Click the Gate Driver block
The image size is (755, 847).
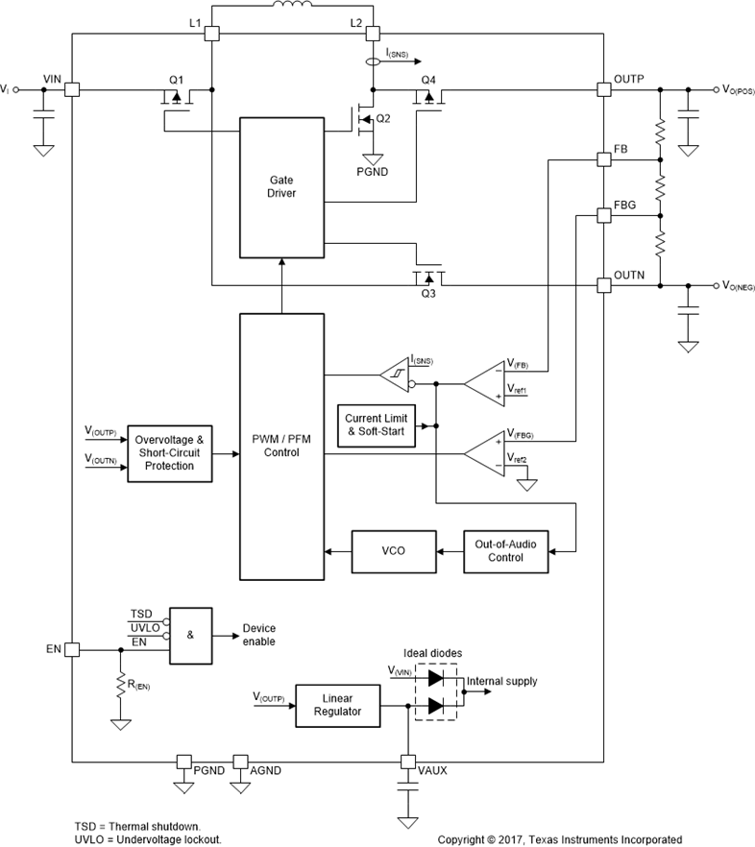point(281,187)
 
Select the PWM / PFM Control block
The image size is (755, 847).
point(281,446)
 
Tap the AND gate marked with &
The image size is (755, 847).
point(191,635)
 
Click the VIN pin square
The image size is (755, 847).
point(72,89)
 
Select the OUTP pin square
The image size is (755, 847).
point(603,89)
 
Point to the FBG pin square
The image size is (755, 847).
point(603,216)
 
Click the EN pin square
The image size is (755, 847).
point(72,650)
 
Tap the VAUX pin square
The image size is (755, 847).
point(408,762)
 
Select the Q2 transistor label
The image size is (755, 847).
point(384,118)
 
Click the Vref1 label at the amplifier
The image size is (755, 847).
point(517,392)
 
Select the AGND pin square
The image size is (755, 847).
point(240,762)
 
